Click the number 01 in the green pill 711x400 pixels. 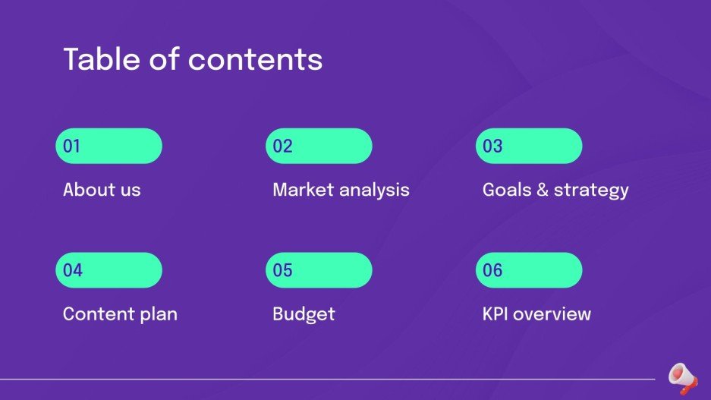click(72, 146)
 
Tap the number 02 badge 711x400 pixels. click(282, 146)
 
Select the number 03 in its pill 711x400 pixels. click(492, 146)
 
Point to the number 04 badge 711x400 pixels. click(73, 270)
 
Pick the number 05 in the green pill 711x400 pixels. click(282, 270)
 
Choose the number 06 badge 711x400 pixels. click(492, 270)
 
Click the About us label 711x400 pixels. click(102, 190)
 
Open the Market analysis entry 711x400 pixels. click(341, 190)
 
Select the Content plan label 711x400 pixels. click(120, 314)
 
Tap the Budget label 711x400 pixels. click(304, 314)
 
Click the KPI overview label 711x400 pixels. click(536, 314)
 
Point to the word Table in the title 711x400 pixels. click(99, 59)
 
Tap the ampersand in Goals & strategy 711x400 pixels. click(541, 190)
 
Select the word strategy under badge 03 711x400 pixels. click(591, 191)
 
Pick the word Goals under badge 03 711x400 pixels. click(506, 190)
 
